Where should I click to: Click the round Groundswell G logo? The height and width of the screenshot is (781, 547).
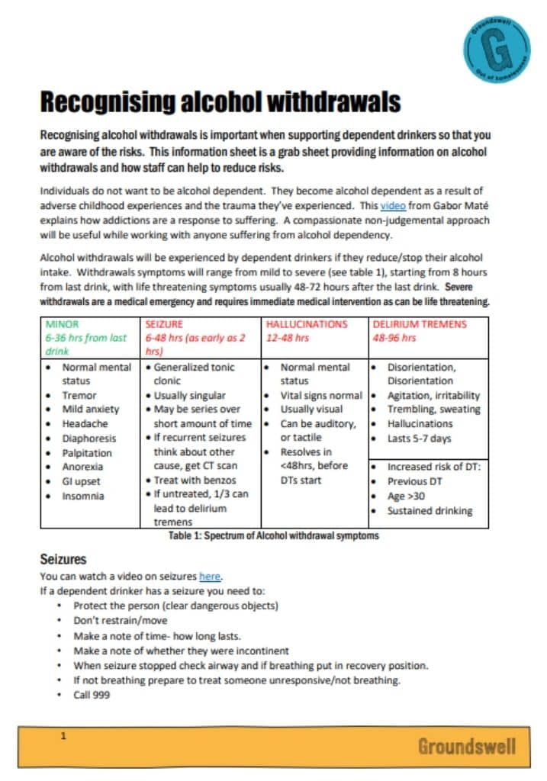coord(496,47)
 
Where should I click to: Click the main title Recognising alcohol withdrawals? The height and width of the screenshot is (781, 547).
coord(220,102)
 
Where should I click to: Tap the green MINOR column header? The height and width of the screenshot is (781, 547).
coord(63,324)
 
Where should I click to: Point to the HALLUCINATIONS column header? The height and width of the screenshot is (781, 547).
coord(306,324)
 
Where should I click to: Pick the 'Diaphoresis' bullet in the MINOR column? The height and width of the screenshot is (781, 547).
coord(89,439)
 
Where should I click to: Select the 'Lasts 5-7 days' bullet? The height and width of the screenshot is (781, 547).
coord(420,438)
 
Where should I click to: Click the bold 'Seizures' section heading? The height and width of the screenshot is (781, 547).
coord(63,559)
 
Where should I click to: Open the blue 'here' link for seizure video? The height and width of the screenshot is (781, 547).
coord(210,576)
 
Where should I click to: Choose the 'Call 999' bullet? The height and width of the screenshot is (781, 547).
coord(92,695)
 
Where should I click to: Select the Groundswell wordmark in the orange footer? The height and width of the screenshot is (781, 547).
coord(466,746)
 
